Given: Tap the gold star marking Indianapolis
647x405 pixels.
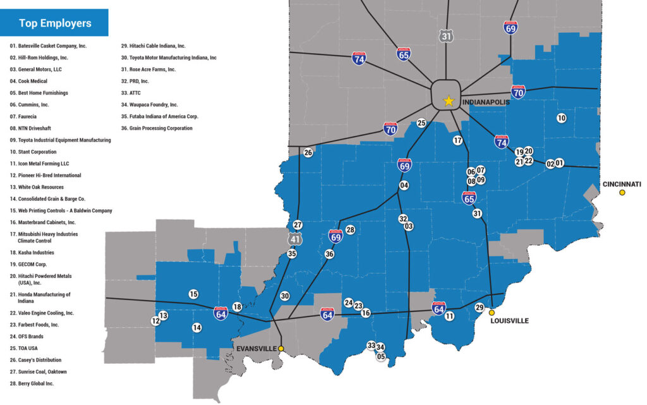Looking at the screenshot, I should click(449, 100).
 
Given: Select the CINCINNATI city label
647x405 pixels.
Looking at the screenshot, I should click(622, 184).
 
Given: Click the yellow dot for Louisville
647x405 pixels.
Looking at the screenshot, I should click(492, 312).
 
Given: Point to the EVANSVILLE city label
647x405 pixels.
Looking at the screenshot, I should click(256, 348).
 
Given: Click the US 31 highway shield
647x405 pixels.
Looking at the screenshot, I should click(447, 37).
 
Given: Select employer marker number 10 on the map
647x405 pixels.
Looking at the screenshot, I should click(562, 118).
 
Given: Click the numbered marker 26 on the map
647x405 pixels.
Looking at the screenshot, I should click(308, 152).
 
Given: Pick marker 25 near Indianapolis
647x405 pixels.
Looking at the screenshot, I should click(421, 123).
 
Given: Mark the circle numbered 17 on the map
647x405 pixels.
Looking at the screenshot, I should click(458, 140).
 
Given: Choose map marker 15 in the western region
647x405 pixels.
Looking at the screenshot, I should click(193, 294).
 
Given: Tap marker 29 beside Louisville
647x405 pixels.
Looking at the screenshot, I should click(480, 307).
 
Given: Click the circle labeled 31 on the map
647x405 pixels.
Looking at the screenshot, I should click(477, 214).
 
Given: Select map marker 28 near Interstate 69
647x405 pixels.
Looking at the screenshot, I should click(350, 230).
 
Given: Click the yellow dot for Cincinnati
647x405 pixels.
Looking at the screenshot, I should click(622, 193).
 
